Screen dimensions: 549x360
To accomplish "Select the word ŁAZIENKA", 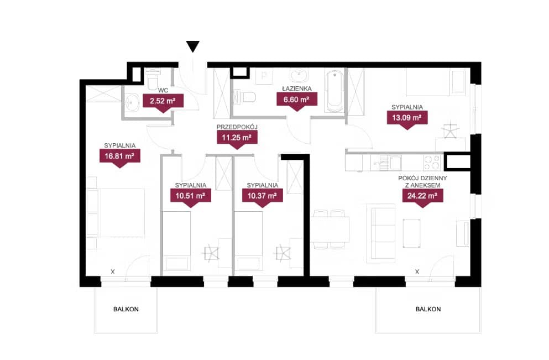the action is pyautogui.click(x=296, y=88).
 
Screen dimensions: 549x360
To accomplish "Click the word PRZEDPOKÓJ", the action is pyautogui.click(x=237, y=127).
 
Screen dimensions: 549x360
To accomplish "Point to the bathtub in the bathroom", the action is pyautogui.click(x=334, y=91).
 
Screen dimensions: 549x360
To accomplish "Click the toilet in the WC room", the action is pyautogui.click(x=153, y=79).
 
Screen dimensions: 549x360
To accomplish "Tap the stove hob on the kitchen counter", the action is pyautogui.click(x=431, y=163).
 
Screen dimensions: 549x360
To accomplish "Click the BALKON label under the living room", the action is pyautogui.click(x=428, y=309).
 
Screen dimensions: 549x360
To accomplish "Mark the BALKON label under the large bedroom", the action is pyautogui.click(x=126, y=309).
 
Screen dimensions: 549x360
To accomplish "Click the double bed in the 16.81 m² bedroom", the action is pyautogui.click(x=121, y=212).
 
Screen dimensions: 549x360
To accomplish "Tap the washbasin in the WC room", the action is pyautogui.click(x=131, y=103).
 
